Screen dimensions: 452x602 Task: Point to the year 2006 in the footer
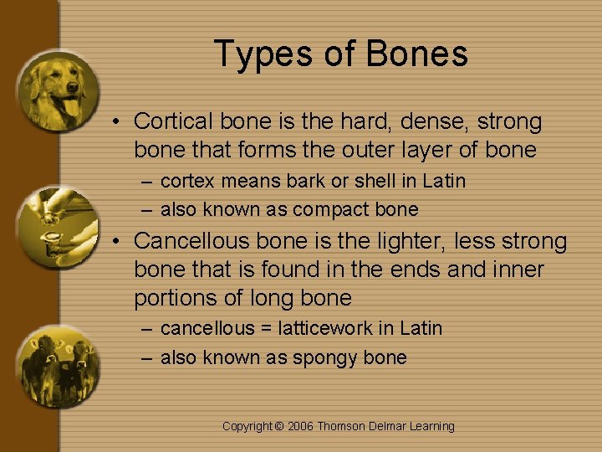300,427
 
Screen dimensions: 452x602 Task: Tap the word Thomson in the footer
340,427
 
